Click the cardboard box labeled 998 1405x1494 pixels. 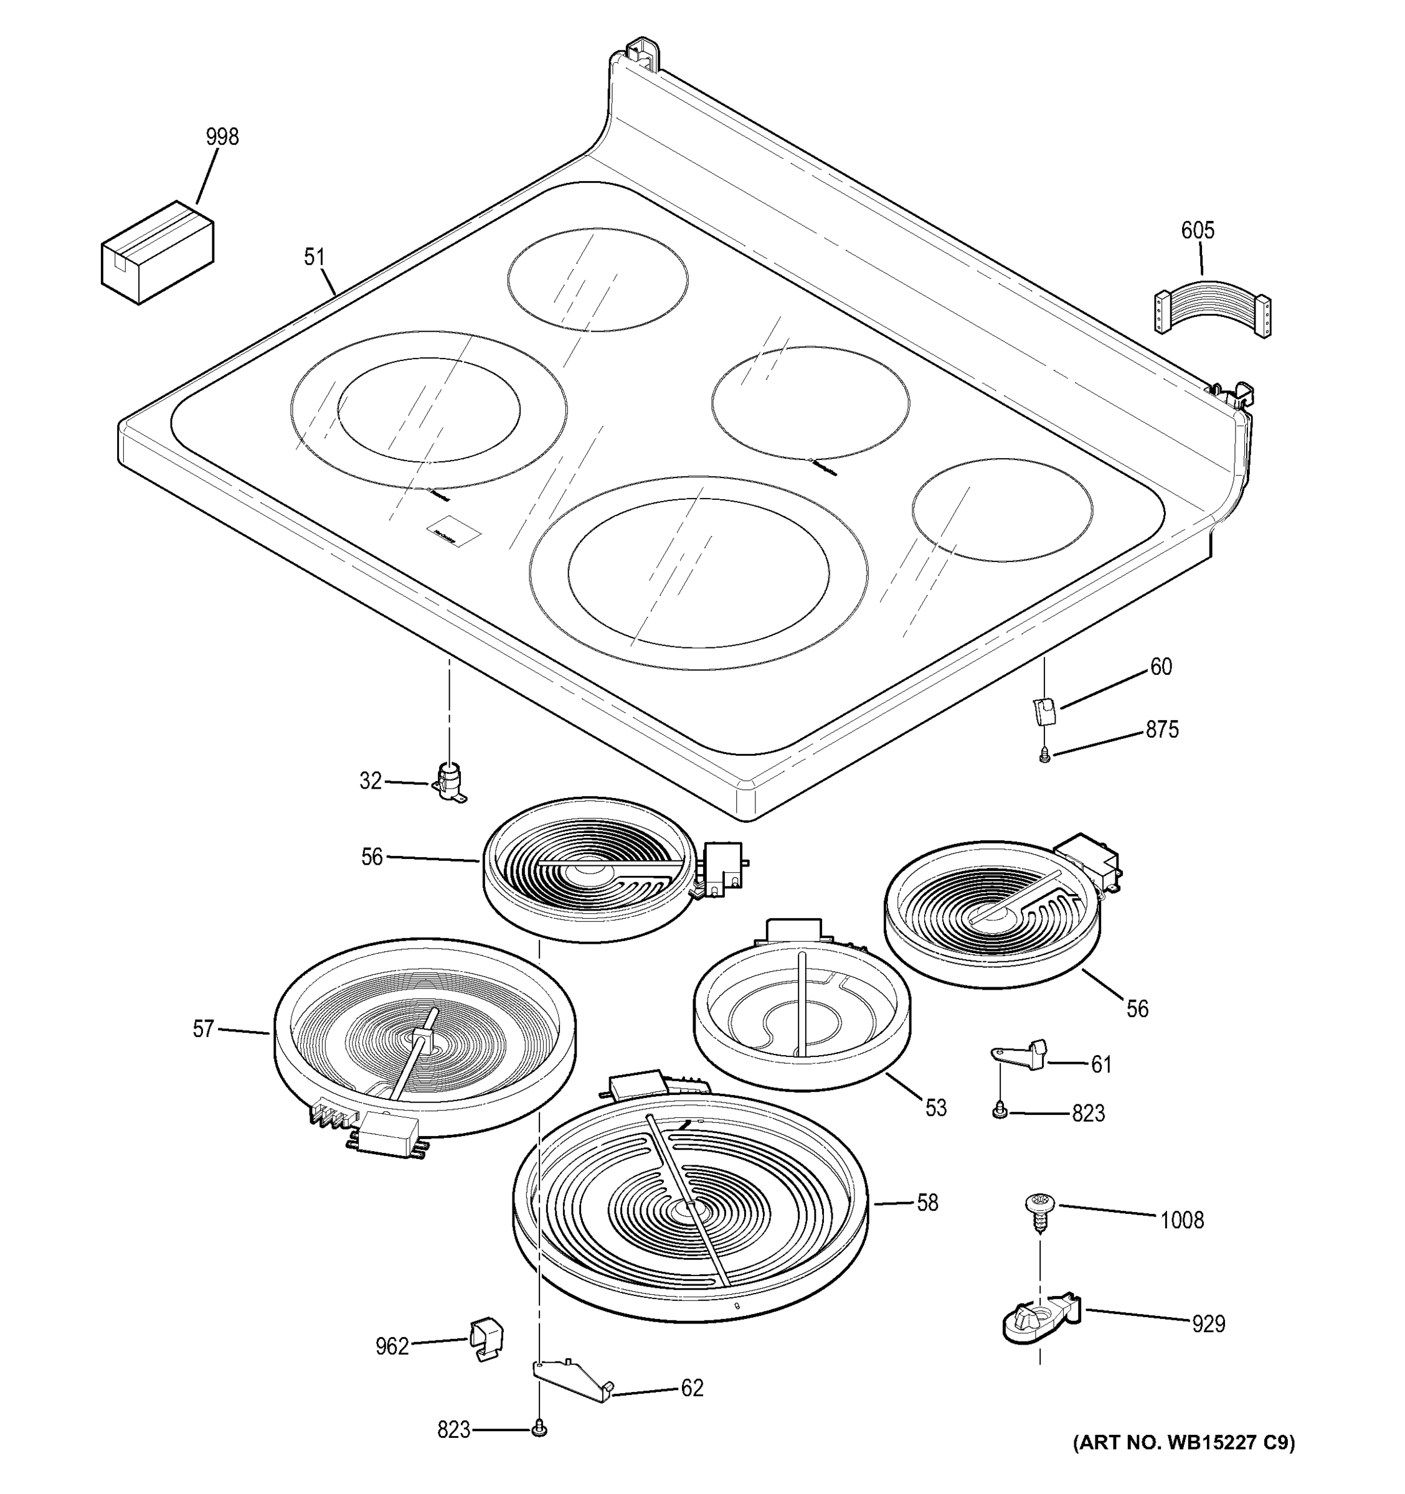coord(157,253)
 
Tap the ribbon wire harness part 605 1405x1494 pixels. coord(1212,308)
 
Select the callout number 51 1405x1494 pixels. coord(315,257)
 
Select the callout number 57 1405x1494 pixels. coord(203,1029)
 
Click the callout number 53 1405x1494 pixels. coord(935,1107)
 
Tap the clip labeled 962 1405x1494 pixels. coord(486,1338)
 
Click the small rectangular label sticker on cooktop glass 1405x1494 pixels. coord(453,530)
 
